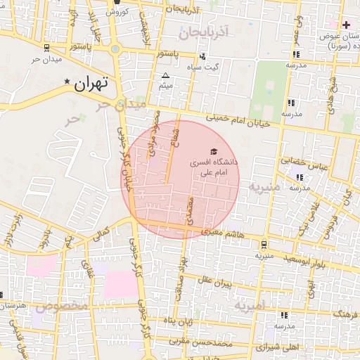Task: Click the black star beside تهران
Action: (x=67, y=82)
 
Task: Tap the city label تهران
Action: (x=91, y=84)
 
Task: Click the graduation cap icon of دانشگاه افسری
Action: (x=213, y=151)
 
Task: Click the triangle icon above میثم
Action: (x=165, y=75)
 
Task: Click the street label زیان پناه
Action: (x=179, y=321)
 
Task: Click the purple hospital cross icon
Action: (x=347, y=25)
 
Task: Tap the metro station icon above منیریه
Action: (x=263, y=245)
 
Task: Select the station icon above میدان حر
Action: (x=46, y=47)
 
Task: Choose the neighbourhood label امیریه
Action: (x=249, y=307)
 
